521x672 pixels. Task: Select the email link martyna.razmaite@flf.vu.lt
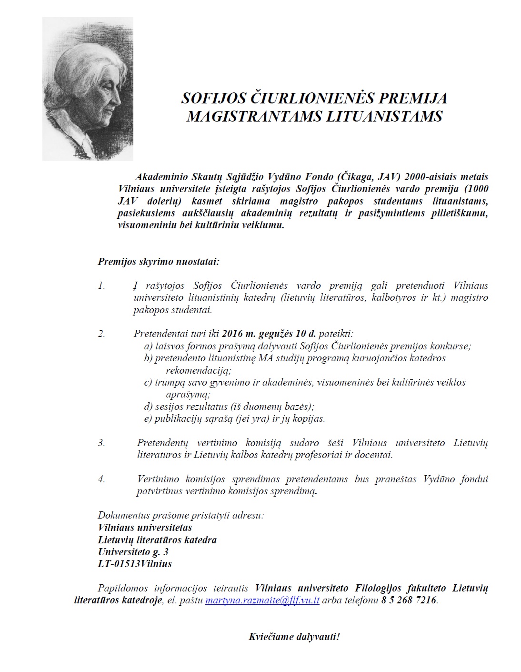(x=262, y=601)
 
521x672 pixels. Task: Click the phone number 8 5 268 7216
(x=409, y=601)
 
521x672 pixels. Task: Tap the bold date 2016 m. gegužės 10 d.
(x=270, y=334)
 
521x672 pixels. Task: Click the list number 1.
(x=101, y=286)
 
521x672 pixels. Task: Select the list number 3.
(x=101, y=443)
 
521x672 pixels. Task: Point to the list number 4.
(x=101, y=479)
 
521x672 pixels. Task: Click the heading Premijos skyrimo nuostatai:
(x=158, y=262)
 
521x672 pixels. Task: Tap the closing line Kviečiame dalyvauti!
(x=294, y=637)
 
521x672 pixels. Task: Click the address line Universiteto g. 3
(x=133, y=552)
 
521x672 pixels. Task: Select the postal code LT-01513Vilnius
(x=135, y=564)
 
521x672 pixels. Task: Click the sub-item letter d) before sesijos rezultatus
(x=148, y=407)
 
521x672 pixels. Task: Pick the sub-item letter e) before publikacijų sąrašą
(x=148, y=419)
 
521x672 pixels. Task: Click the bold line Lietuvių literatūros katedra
(x=157, y=540)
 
